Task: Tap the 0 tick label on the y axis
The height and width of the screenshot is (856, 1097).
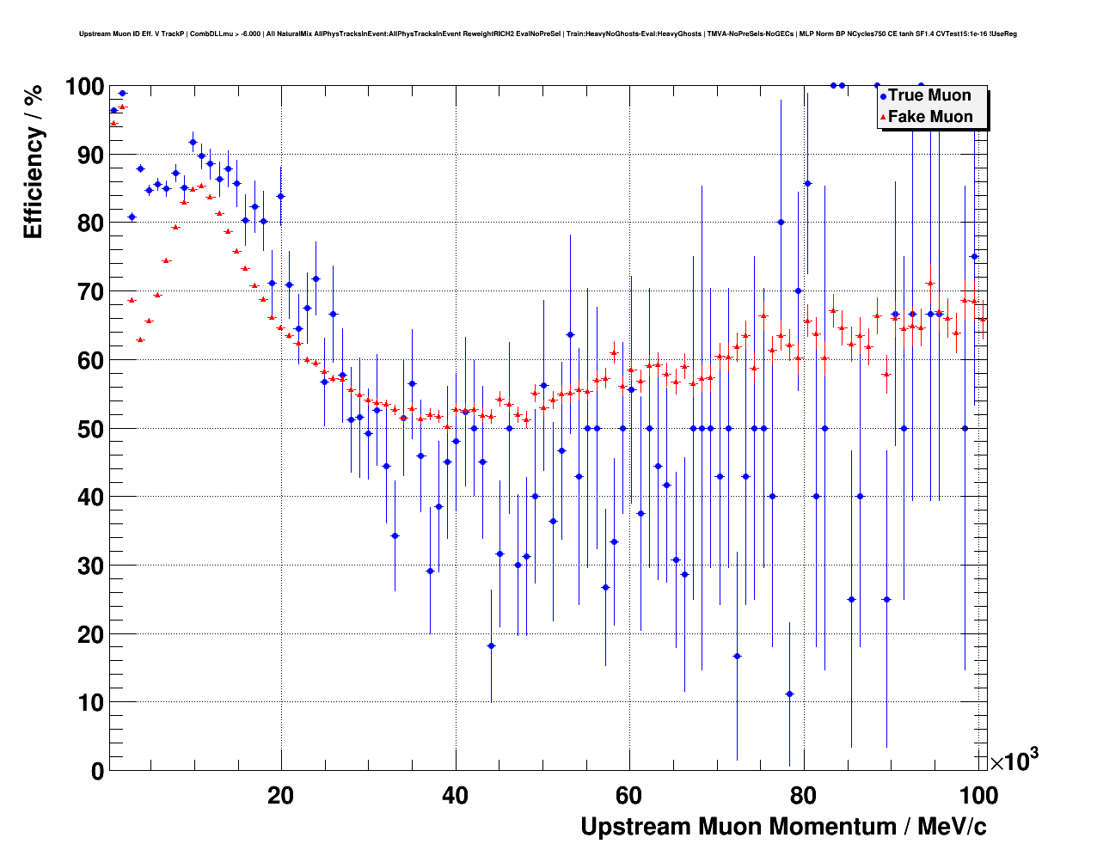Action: (x=97, y=771)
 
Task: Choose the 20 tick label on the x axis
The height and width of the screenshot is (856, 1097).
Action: (x=280, y=796)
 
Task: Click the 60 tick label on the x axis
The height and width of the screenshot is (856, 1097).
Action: (x=629, y=796)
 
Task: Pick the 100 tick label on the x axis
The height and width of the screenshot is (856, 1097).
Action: (x=978, y=796)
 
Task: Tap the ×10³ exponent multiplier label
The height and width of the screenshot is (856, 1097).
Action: (x=1014, y=761)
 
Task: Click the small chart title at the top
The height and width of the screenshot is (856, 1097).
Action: (x=548, y=34)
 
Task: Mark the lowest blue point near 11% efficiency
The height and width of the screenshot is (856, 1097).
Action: (x=789, y=694)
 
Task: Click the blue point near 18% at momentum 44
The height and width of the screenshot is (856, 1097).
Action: (x=491, y=645)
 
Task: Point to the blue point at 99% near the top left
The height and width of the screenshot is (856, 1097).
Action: (x=122, y=93)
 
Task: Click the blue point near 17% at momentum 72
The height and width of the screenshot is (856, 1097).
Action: (x=737, y=656)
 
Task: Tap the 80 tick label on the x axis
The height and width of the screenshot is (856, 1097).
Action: (x=804, y=796)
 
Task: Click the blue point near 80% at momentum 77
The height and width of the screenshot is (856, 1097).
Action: (x=781, y=222)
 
